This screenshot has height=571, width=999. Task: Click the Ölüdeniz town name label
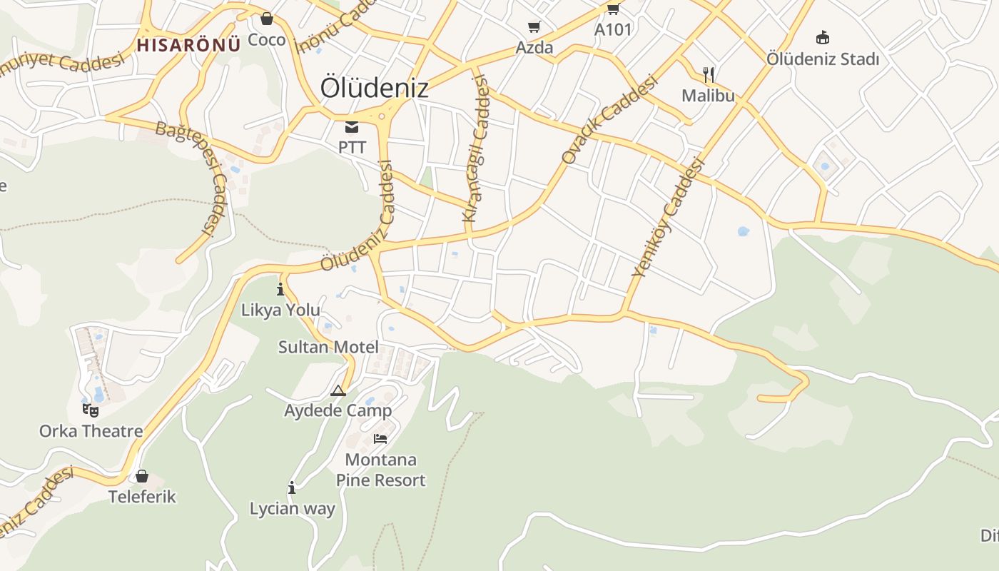point(374,88)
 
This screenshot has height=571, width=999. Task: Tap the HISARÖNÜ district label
point(188,45)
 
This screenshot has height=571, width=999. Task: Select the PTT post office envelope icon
point(352,127)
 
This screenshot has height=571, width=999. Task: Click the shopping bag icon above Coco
point(266,19)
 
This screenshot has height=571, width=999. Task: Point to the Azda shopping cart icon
point(534,27)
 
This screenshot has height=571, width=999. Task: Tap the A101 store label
point(613,30)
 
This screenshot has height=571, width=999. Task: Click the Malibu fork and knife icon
point(709,74)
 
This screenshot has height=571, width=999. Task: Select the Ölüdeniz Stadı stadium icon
point(823,37)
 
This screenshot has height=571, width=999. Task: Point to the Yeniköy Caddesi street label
point(668,217)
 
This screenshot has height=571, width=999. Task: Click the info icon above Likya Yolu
point(280,289)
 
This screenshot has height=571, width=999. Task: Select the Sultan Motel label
point(328,348)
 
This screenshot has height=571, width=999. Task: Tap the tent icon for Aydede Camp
point(338,390)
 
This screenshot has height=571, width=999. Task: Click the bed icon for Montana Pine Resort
point(380,438)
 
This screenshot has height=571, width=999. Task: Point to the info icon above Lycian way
point(292,488)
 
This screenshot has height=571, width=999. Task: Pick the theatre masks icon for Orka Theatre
point(91,410)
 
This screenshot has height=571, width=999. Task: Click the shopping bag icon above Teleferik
point(142,475)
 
